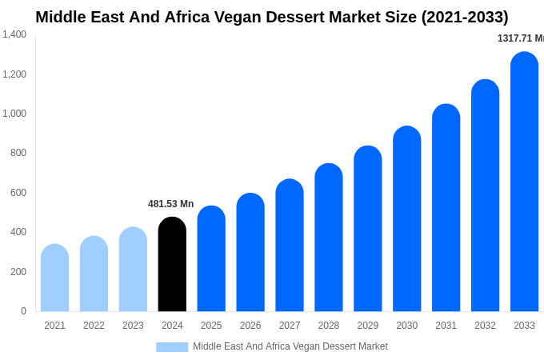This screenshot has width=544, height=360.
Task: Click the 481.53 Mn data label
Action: coord(170,204)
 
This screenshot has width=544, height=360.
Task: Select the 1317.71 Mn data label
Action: coord(520,38)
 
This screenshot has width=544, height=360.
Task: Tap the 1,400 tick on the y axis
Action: coord(14,34)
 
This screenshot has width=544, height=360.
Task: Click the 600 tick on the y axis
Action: coord(18,193)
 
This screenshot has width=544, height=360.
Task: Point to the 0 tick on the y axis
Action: coord(23,311)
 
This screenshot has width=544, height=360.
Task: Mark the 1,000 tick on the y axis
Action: coord(14,114)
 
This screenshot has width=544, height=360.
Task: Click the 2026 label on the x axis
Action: coord(250,326)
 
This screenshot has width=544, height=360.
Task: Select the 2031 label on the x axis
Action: coord(446,326)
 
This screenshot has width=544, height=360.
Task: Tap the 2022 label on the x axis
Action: coord(94,326)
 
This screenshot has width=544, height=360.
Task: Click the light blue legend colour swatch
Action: coord(172,346)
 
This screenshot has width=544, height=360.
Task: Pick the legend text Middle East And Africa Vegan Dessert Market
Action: coord(290,346)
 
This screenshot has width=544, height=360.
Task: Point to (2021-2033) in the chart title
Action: coord(465,17)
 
